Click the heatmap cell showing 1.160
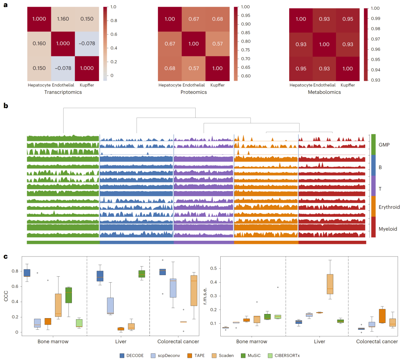[62, 19]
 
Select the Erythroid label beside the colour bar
[389, 207]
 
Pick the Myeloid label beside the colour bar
[388, 229]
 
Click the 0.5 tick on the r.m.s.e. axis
[214, 268]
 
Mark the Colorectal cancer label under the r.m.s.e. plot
[377, 342]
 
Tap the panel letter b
[6, 106]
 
